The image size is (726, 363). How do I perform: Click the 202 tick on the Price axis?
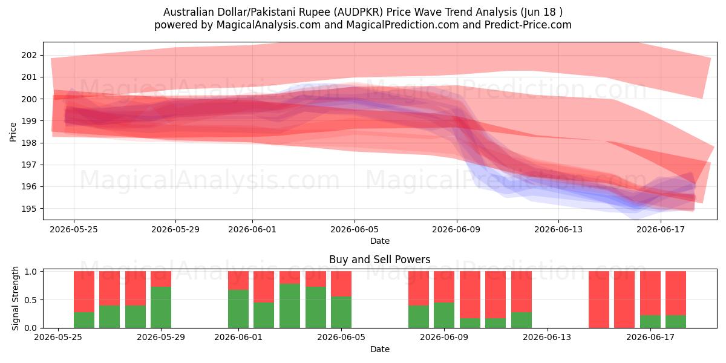[29, 56]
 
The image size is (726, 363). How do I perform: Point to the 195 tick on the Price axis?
[29, 209]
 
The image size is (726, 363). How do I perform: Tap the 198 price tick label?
[29, 143]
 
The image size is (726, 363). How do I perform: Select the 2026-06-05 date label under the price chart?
[355, 229]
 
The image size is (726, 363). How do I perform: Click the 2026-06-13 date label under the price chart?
[558, 229]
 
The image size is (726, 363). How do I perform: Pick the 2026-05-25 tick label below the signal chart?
[58, 338]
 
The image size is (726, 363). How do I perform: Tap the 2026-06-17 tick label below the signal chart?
[650, 338]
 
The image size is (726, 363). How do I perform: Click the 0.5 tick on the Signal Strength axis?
[30, 300]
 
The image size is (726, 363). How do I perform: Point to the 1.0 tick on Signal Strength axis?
[30, 272]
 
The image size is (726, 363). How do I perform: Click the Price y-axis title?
[13, 132]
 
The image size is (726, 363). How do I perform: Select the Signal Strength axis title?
[15, 298]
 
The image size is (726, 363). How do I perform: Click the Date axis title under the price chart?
[380, 241]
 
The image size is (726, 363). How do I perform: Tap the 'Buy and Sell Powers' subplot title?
[379, 260]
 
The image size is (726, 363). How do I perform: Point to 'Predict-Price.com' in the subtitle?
[528, 25]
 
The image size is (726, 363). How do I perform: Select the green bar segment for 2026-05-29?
[161, 307]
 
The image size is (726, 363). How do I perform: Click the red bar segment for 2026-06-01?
[238, 280]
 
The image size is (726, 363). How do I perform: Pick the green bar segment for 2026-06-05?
[341, 312]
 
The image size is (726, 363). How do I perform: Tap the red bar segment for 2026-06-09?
[444, 287]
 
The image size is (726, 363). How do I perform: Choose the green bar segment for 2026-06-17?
[650, 321]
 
